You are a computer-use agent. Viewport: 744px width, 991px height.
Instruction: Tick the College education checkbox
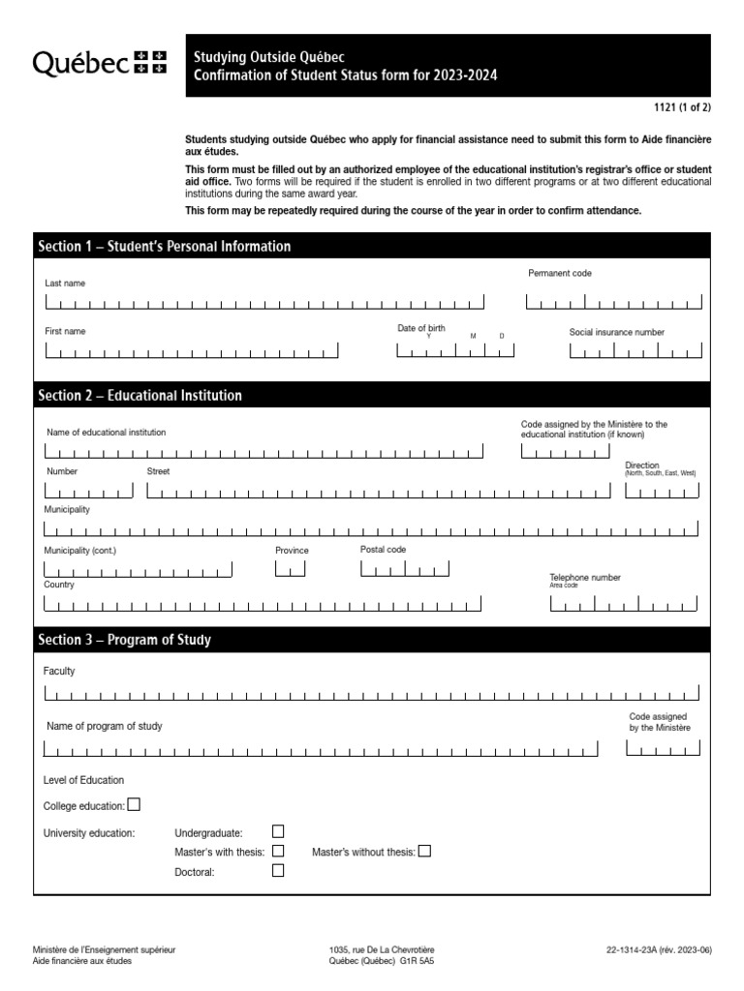pyautogui.click(x=134, y=803)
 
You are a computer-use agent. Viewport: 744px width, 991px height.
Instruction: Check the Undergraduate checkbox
pyautogui.click(x=278, y=830)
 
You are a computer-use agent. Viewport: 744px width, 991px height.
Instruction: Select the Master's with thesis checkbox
pyautogui.click(x=278, y=851)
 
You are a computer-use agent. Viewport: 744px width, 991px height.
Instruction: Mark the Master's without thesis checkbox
pyautogui.click(x=424, y=851)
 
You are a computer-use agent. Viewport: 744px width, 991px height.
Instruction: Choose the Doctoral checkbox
pyautogui.click(x=278, y=871)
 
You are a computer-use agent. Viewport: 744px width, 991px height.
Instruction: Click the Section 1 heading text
pyautogui.click(x=164, y=247)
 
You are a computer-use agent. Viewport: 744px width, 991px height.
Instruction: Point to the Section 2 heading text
pyautogui.click(x=139, y=395)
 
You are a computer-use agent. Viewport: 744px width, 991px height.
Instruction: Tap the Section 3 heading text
pyautogui.click(x=124, y=640)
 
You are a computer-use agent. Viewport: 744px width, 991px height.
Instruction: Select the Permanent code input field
pyautogui.click(x=613, y=303)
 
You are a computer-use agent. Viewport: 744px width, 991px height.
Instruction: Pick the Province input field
pyautogui.click(x=290, y=569)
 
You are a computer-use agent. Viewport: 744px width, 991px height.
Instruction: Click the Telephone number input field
pyautogui.click(x=624, y=605)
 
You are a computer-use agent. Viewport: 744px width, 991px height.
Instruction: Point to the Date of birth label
pyautogui.click(x=421, y=329)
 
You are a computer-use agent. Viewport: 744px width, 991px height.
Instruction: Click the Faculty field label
pyautogui.click(x=59, y=671)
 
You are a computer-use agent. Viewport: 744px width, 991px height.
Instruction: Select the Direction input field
pyautogui.click(x=662, y=492)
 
